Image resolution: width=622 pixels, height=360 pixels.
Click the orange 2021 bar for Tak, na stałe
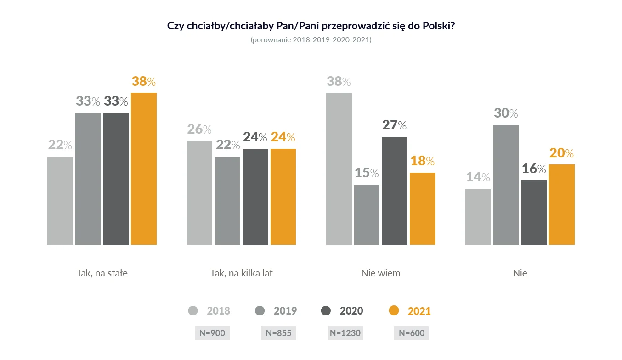(144, 169)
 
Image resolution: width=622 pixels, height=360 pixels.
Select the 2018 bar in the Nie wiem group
(339, 169)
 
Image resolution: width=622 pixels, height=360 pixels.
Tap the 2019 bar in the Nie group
(506, 185)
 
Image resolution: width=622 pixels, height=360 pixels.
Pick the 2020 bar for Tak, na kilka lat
(255, 197)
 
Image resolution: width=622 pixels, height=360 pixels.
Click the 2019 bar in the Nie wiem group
(367, 214)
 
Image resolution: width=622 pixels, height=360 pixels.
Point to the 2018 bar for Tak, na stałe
(60, 201)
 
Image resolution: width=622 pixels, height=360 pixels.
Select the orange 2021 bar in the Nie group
(562, 204)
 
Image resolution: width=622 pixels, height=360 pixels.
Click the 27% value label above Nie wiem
(395, 125)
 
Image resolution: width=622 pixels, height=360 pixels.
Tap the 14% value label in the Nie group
(478, 177)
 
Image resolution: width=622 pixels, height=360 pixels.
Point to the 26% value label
(199, 129)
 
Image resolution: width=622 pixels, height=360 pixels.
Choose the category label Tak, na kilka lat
(241, 273)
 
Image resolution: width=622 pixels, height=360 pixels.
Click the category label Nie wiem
(380, 273)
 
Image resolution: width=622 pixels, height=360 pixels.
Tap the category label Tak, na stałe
(102, 273)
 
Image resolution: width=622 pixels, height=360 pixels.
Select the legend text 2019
(285, 311)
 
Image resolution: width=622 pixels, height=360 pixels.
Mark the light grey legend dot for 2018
(193, 311)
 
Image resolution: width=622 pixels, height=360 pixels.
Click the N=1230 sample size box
(345, 333)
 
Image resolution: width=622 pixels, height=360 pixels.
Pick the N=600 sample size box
(412, 333)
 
